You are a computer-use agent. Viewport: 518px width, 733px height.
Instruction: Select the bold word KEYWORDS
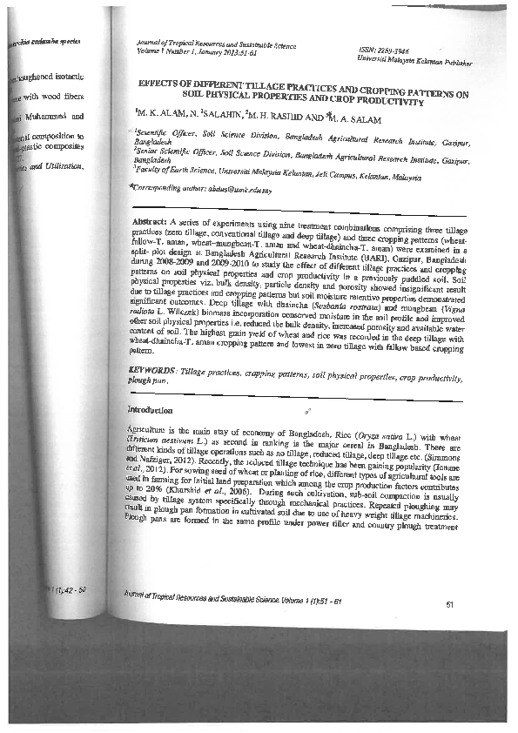(x=151, y=370)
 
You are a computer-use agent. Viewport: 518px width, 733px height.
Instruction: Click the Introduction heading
(x=151, y=409)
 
